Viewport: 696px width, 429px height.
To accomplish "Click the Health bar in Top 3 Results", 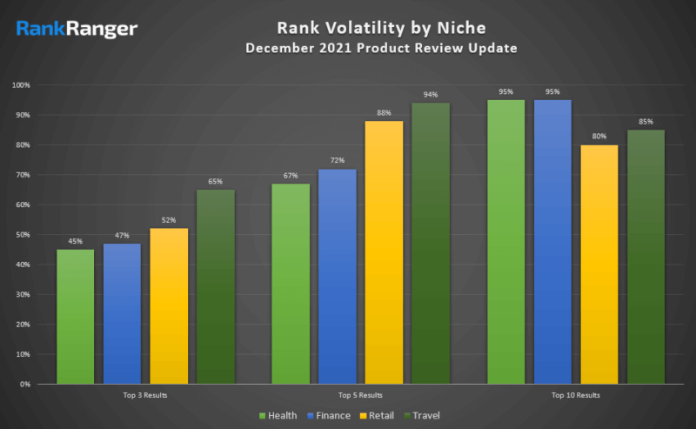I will click(75, 317).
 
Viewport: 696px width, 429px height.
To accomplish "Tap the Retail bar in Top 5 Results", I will click(384, 252).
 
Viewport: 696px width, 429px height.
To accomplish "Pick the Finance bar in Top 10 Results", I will click(552, 242).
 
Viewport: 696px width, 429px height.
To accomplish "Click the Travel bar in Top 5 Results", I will click(431, 244).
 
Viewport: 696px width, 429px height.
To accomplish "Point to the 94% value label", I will click(431, 95).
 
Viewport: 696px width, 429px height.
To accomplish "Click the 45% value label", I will click(75, 242).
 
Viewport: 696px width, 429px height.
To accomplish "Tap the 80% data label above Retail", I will click(599, 137).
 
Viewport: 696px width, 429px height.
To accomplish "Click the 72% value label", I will click(337, 161).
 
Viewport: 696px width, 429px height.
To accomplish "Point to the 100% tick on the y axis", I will click(22, 85).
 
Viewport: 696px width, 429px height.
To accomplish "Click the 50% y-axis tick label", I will click(23, 235).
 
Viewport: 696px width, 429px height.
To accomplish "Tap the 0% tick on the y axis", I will click(25, 384).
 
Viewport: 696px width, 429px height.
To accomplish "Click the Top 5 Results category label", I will click(360, 396).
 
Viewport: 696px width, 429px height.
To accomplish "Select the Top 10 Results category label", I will click(575, 396).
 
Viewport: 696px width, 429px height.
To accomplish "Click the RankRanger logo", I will click(77, 30).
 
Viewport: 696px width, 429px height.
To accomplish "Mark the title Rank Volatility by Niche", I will click(381, 28).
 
